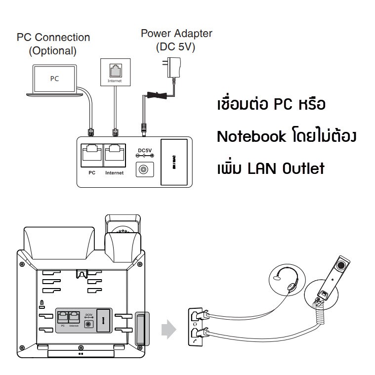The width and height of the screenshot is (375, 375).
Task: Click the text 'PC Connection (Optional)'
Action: point(53,43)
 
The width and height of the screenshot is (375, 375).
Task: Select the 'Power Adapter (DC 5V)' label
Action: point(176,40)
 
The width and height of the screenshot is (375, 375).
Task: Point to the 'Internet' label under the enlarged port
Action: point(115,173)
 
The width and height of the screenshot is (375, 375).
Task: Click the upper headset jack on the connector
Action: point(195,316)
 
